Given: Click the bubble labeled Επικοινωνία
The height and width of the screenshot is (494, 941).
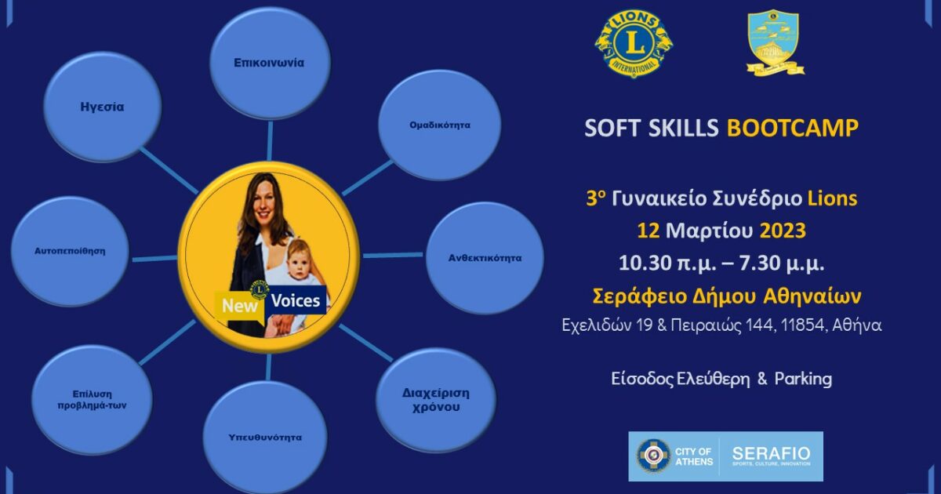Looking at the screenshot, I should [x=269, y=63].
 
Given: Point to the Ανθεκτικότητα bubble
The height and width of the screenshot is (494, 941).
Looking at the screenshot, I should [x=485, y=257].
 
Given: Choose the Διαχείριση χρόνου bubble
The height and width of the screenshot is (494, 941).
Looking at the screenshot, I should [x=436, y=400].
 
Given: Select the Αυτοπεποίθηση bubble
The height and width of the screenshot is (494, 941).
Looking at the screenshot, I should [x=70, y=252].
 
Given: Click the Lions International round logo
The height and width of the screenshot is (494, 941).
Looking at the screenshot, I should [x=634, y=43].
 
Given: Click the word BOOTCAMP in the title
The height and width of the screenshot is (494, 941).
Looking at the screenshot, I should [x=792, y=129].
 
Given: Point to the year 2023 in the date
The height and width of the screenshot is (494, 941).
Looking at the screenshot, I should [x=783, y=232].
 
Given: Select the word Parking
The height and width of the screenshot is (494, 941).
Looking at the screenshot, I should [x=803, y=379].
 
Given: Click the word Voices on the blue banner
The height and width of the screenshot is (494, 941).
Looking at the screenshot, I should [x=296, y=301].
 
